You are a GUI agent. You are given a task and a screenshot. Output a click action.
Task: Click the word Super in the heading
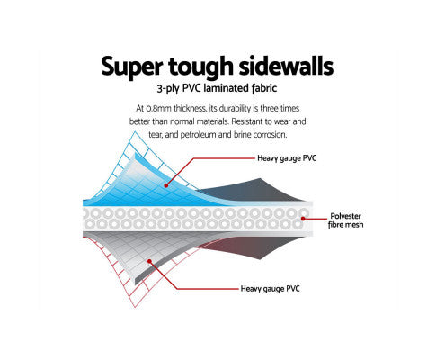pyautogui.click(x=132, y=67)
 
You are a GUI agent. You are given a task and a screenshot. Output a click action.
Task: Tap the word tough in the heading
pyautogui.click(x=200, y=67)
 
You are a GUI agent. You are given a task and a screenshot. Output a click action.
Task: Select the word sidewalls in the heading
pyautogui.click(x=286, y=66)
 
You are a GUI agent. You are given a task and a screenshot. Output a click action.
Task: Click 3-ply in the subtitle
pyautogui.click(x=167, y=88)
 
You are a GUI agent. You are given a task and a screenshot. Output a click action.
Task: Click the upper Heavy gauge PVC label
pyautogui.click(x=287, y=158)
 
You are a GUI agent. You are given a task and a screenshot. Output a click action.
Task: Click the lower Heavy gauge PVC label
pyautogui.click(x=270, y=289)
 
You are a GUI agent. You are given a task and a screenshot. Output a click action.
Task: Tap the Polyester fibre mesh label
pyautogui.click(x=345, y=220)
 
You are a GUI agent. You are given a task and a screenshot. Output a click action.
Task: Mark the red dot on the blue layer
pyautogui.click(x=166, y=185)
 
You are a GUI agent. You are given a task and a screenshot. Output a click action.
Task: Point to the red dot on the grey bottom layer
pyautogui.click(x=149, y=261)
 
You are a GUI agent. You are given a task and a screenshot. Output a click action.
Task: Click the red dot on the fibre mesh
pyautogui.click(x=303, y=219)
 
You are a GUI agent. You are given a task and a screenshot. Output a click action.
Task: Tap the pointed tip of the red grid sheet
pyautogui.click(x=135, y=307)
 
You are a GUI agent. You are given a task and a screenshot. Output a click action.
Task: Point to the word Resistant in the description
pyautogui.click(x=251, y=121)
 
